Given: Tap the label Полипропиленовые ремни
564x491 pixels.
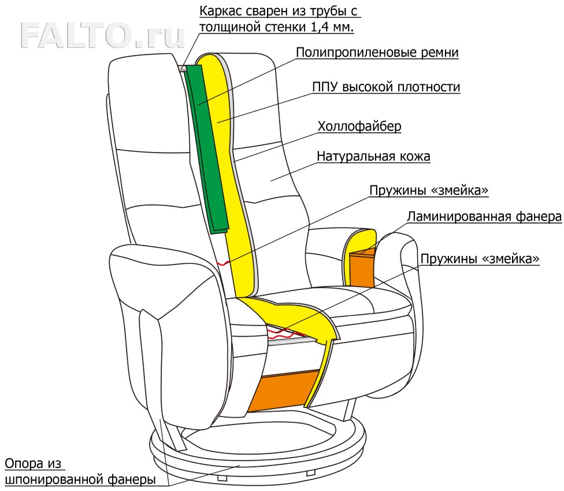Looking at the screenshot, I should (377, 53).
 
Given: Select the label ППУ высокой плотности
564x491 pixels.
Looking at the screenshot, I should (386, 87).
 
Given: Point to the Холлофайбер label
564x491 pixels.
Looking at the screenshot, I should (359, 126).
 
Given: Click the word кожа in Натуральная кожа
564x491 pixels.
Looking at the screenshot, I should (411, 157).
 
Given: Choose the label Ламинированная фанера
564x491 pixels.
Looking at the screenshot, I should (484, 217).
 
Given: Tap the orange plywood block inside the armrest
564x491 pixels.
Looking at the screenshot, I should (363, 269).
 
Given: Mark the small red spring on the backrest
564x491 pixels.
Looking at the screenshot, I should (222, 263).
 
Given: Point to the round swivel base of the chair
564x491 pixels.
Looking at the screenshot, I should (257, 456).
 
